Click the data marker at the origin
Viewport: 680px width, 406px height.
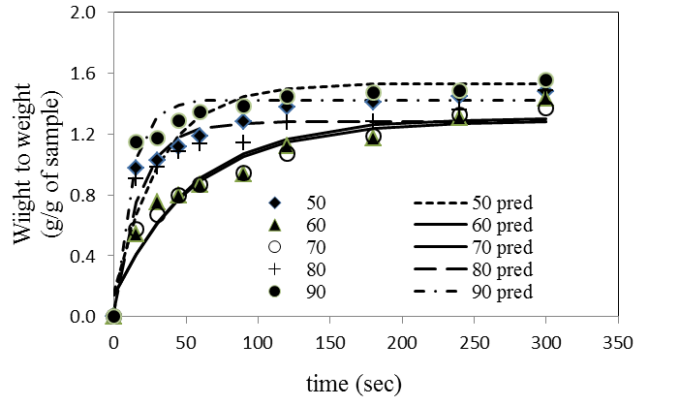(x=113, y=316)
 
